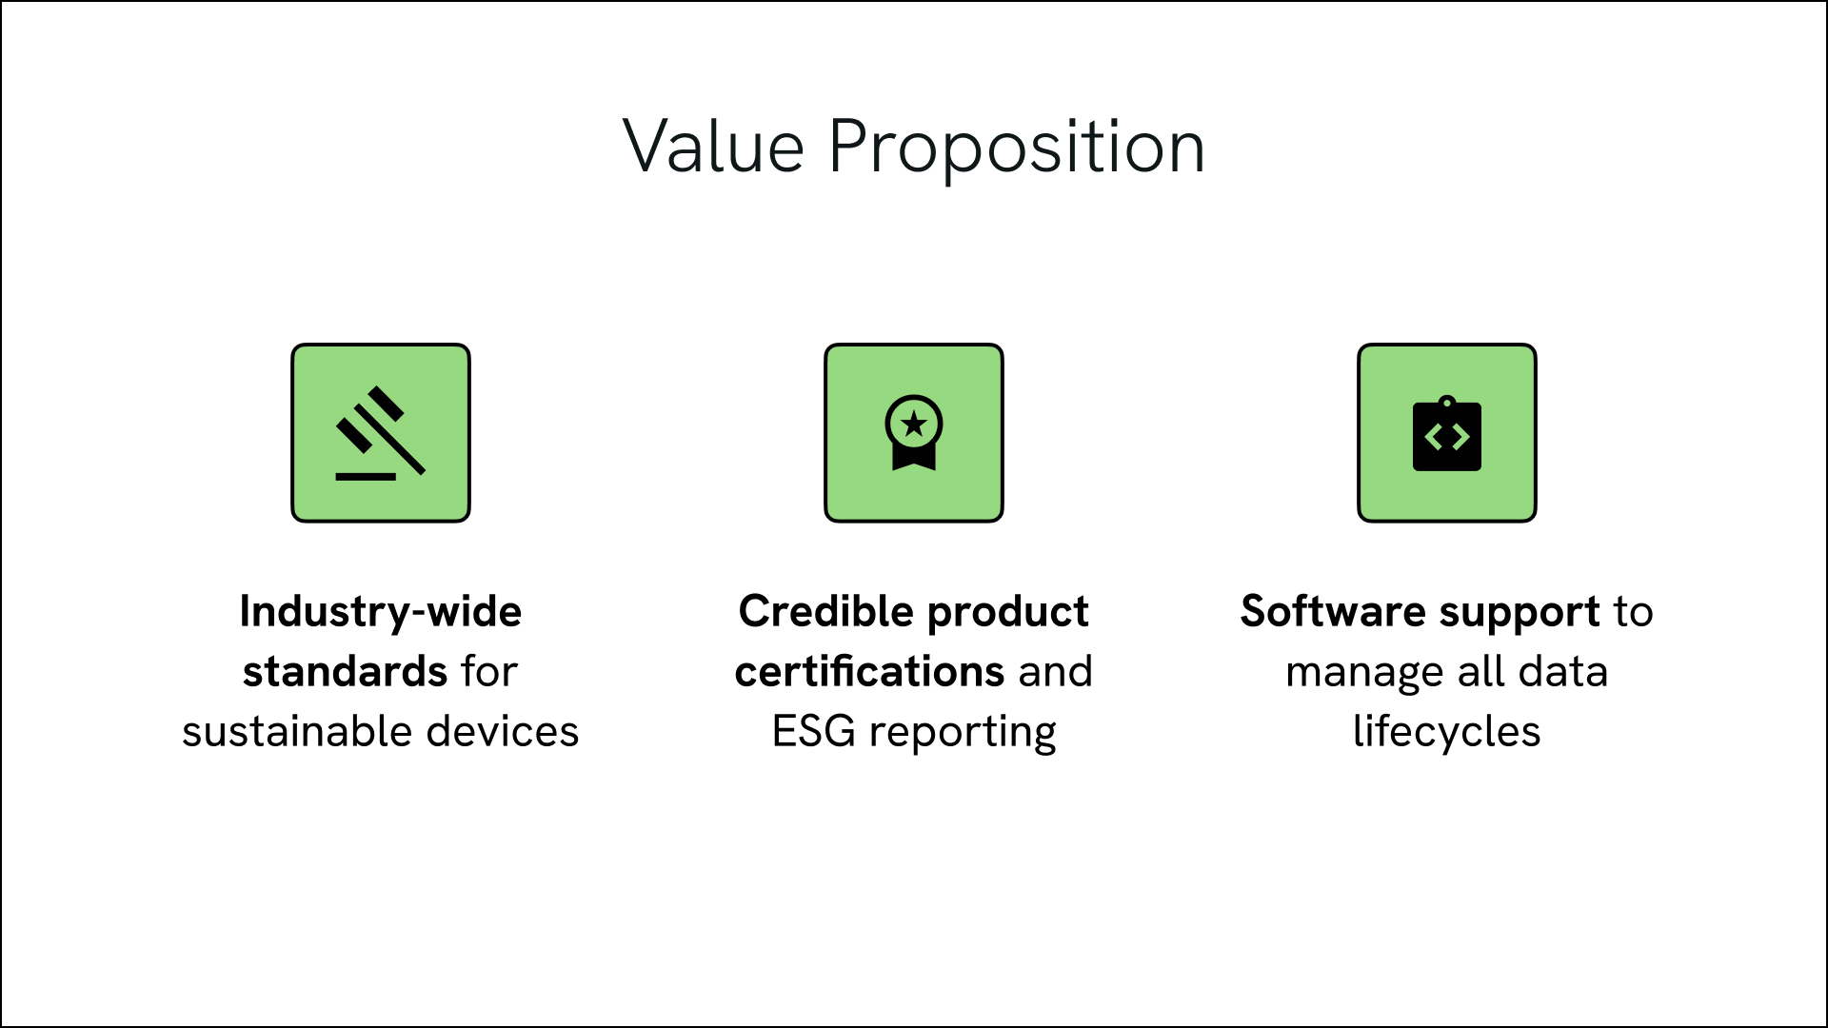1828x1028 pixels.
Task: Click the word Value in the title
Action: click(x=714, y=147)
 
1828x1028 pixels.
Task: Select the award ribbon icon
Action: click(x=914, y=433)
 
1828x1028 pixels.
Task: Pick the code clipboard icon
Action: click(x=1447, y=434)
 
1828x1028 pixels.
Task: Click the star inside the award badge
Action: click(x=914, y=424)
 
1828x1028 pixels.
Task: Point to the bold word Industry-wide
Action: click(x=381, y=612)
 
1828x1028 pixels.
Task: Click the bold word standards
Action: click(x=346, y=671)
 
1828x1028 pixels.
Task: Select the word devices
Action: click(x=503, y=731)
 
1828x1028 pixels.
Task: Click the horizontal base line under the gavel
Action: click(x=366, y=477)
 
